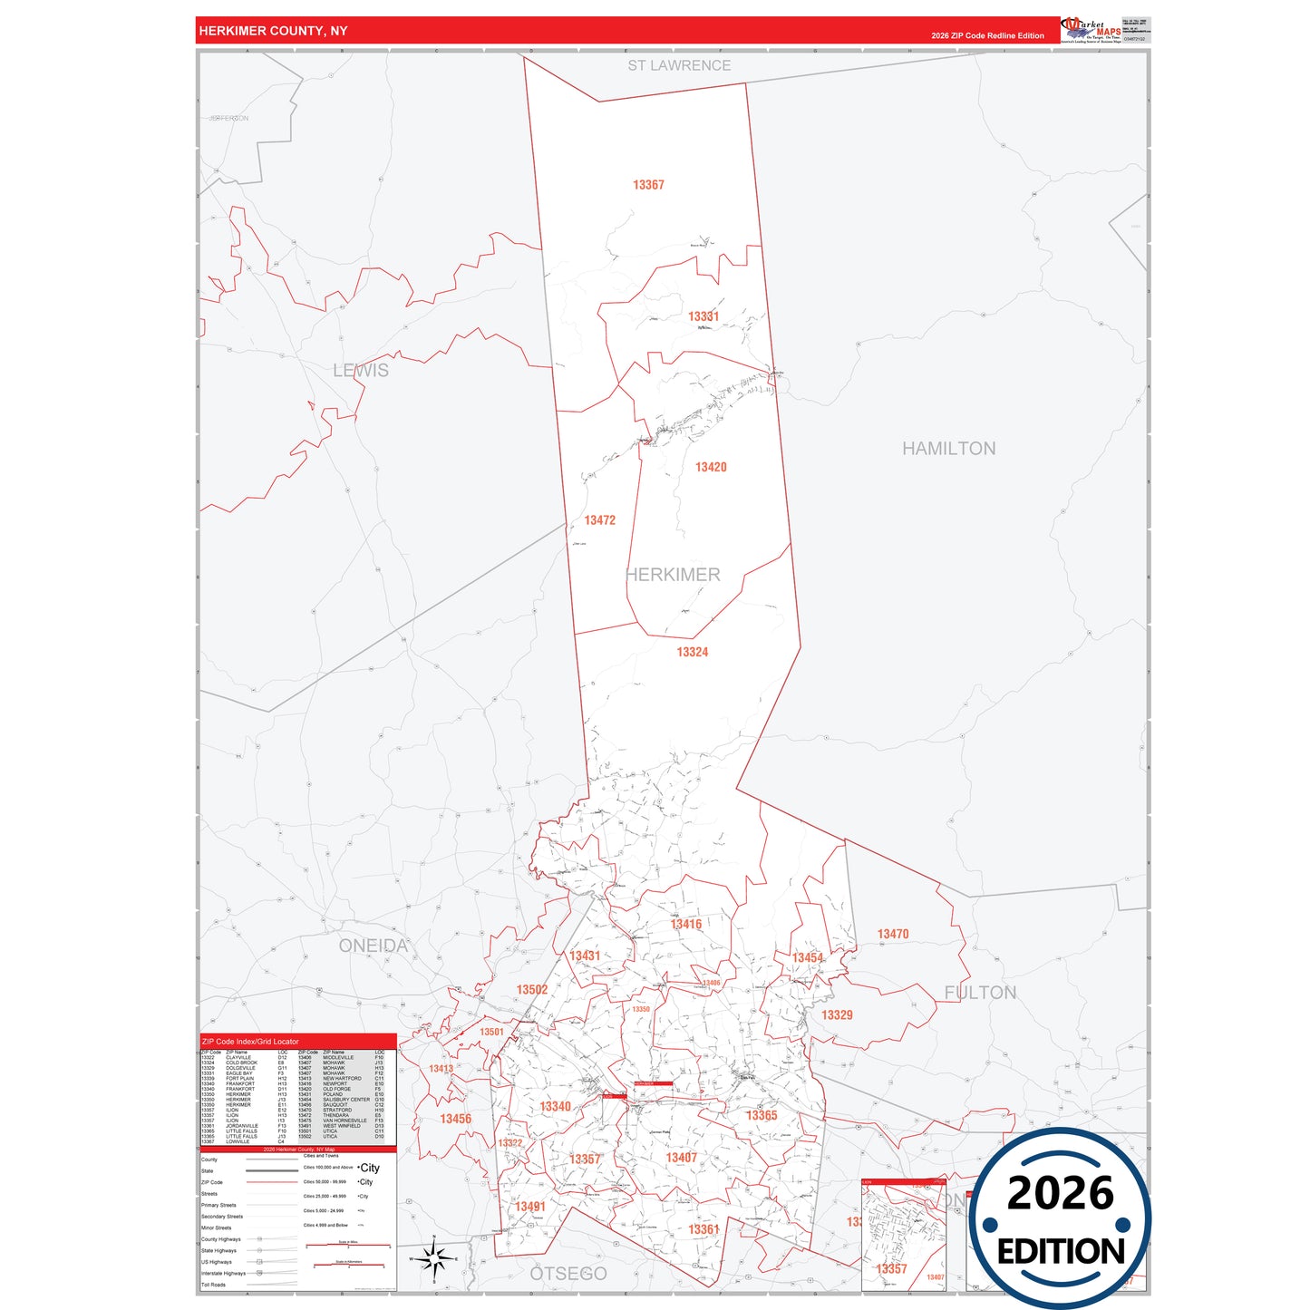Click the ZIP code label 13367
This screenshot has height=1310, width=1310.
648,185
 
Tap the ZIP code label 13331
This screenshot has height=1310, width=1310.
703,316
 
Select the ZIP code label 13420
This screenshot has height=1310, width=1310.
711,467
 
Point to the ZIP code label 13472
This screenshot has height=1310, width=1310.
599,520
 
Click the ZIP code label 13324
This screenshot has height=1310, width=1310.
692,652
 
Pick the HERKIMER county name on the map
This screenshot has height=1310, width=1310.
673,575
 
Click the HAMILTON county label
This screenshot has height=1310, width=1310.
948,449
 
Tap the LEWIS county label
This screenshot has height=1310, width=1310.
360,371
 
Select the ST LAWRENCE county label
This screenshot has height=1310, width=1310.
679,65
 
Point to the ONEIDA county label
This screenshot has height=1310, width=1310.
373,946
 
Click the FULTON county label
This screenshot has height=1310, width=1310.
980,993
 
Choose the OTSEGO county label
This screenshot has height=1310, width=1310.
568,1274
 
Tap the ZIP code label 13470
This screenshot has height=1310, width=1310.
892,934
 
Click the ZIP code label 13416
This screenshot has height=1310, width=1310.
686,924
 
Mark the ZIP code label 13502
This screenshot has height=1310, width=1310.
532,990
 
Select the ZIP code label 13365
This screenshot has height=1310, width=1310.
762,1115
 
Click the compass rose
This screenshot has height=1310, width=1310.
435,1258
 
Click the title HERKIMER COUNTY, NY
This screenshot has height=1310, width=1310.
273,31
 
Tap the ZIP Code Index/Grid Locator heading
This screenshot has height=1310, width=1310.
250,1042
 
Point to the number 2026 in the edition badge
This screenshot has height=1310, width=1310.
1060,1193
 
